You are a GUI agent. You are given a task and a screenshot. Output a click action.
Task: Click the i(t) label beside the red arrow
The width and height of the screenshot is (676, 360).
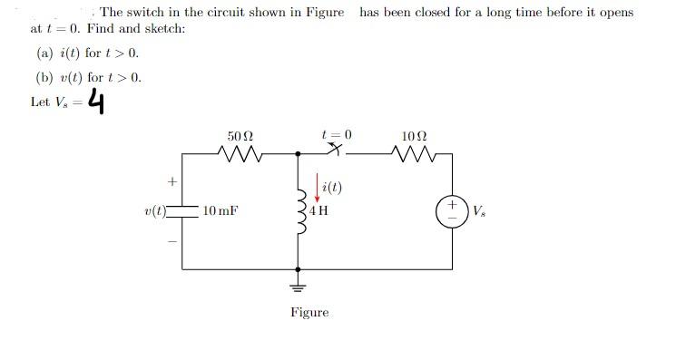327,189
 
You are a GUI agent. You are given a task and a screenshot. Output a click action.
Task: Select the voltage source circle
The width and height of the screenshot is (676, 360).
452,211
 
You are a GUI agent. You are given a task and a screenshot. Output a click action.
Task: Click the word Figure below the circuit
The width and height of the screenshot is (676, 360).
310,313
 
